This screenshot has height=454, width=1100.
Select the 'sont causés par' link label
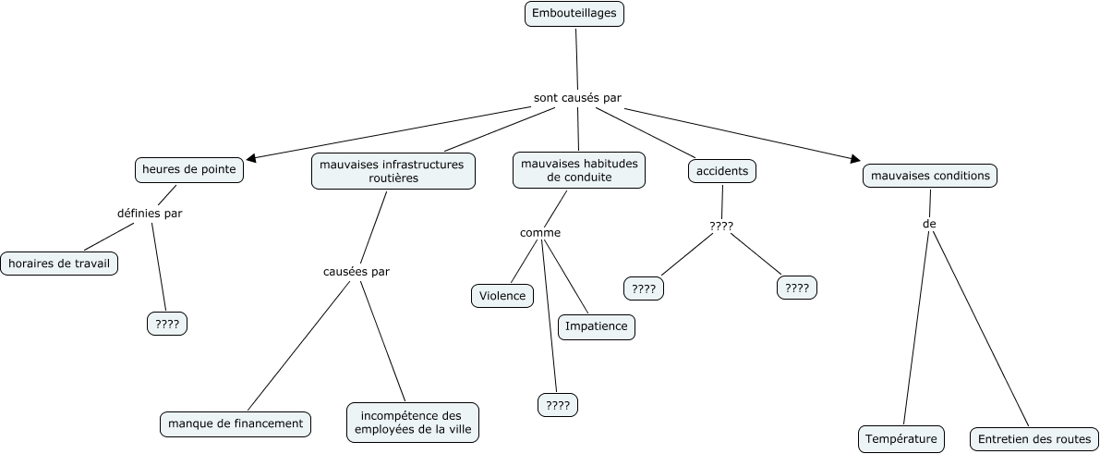[577, 97]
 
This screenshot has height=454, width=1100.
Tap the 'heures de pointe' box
[189, 170]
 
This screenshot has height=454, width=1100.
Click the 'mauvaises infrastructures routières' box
[393, 171]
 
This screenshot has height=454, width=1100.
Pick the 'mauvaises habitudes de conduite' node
[578, 171]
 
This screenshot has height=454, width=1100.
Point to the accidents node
[722, 171]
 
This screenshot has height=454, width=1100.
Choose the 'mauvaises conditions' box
[930, 175]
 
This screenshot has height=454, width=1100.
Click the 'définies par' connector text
[150, 214]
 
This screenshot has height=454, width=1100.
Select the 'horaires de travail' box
[59, 264]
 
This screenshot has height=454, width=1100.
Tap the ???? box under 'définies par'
[167, 324]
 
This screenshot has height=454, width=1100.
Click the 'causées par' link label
[357, 272]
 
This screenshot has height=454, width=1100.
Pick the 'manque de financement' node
[235, 423]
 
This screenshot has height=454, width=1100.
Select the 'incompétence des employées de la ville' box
[414, 422]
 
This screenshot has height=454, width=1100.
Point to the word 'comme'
[540, 233]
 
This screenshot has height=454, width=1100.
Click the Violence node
[502, 296]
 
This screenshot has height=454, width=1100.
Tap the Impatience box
[596, 326]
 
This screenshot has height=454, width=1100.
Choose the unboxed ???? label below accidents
[721, 226]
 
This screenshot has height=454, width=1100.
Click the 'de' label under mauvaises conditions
[929, 224]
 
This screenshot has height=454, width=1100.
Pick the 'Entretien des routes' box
[1034, 439]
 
